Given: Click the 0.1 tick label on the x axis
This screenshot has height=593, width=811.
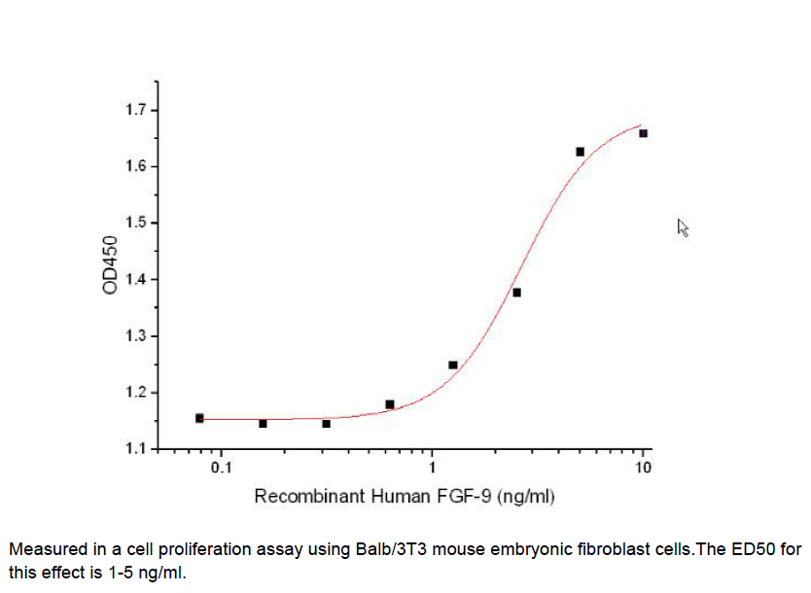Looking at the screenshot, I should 221,468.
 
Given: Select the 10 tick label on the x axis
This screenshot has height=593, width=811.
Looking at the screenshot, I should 642,468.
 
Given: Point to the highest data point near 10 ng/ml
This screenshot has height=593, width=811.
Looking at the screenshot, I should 643,133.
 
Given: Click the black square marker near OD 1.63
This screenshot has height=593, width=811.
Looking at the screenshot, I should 580,152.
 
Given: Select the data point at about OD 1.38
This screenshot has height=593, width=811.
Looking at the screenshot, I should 516,293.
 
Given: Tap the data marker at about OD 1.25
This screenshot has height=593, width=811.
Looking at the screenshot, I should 453,366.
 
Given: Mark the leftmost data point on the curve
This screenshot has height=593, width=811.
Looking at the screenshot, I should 199,418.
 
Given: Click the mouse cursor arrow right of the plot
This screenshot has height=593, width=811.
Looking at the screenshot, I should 683,227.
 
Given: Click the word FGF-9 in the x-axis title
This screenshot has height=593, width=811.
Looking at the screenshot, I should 465,497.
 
